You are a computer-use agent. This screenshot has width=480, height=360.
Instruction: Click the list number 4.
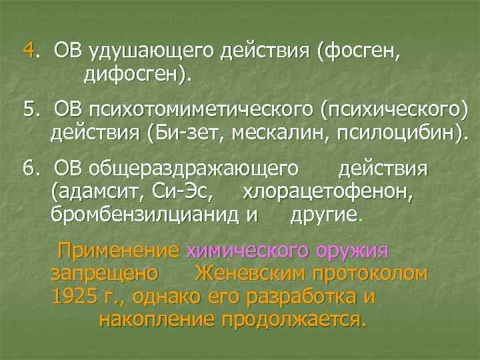point(28,50)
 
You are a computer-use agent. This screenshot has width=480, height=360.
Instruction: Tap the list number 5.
point(27,109)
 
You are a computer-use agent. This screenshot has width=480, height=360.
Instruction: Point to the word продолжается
point(293,319)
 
